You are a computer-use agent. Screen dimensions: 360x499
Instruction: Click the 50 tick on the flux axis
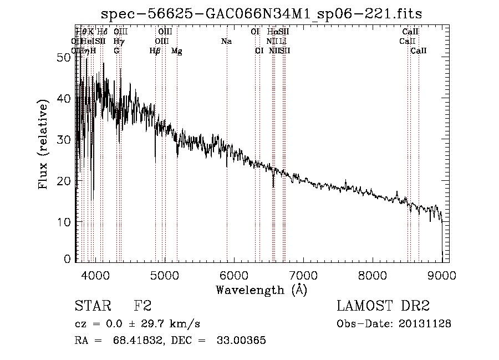pos(63,57)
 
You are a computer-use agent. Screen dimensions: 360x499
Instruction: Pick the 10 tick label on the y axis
pos(63,222)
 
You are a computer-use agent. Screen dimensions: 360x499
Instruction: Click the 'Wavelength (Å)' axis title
pos(261,290)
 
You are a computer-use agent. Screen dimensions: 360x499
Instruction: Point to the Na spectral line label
pos(226,42)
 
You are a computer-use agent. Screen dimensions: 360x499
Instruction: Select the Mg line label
pos(176,51)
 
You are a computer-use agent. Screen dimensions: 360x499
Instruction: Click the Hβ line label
pos(155,51)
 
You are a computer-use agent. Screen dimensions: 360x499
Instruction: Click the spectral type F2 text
pos(142,307)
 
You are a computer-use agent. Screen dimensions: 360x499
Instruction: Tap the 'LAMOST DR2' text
pos(383,307)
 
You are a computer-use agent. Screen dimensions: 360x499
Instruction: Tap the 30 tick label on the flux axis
pos(63,140)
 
